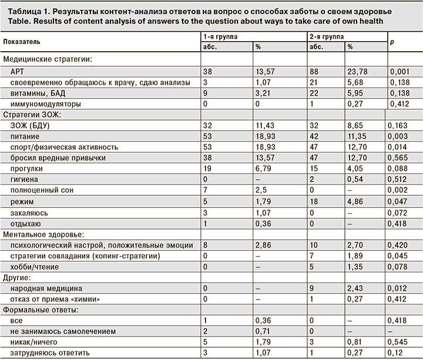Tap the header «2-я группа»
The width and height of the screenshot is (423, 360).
coord(327,36)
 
